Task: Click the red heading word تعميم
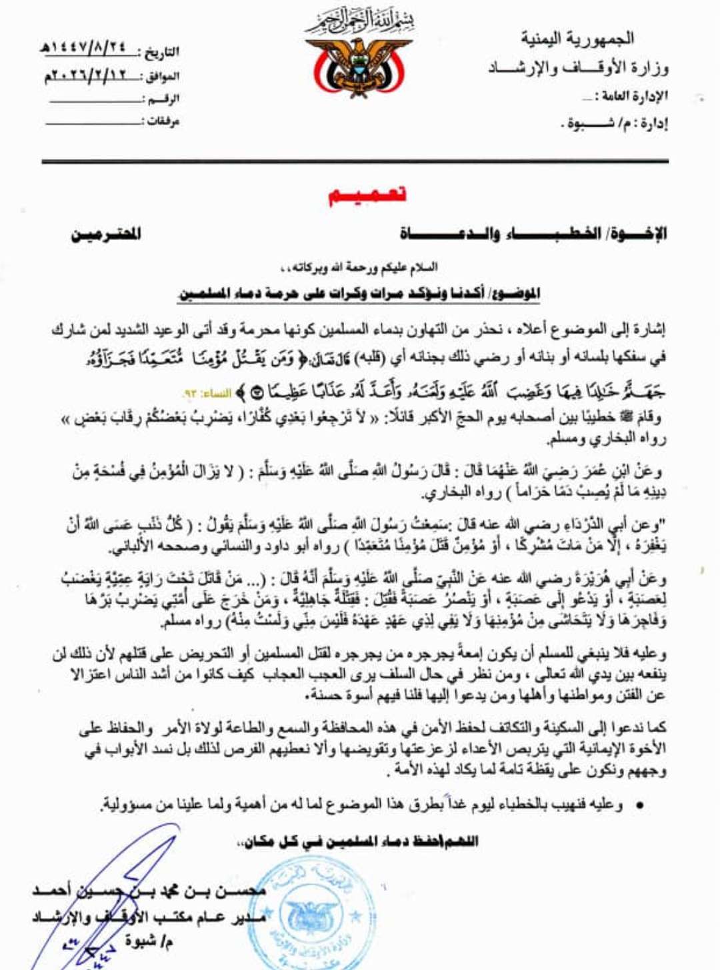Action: click(x=367, y=195)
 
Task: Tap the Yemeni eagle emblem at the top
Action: click(x=359, y=67)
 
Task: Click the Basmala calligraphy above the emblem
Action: click(x=360, y=22)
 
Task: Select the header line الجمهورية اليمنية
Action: click(x=577, y=39)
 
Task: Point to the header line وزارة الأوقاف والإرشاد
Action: click(x=578, y=68)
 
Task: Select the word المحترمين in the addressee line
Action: click(x=107, y=234)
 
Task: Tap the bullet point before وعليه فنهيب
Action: click(x=639, y=805)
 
